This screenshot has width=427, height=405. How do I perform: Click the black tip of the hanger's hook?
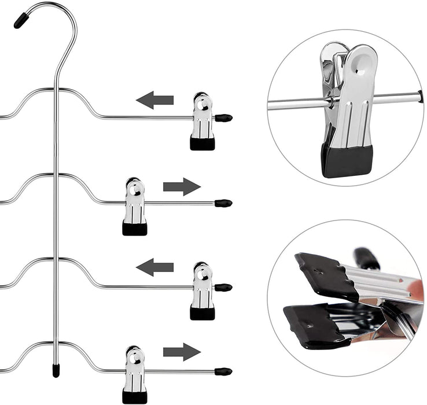[21, 21]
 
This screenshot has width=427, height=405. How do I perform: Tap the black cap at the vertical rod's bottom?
[56, 370]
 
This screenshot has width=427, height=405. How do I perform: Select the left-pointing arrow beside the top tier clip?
[155, 100]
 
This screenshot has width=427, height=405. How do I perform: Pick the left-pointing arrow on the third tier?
[155, 267]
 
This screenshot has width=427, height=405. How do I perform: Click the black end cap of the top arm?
[223, 118]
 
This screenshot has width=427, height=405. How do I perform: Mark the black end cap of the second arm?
[223, 203]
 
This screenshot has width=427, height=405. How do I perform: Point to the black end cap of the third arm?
[223, 287]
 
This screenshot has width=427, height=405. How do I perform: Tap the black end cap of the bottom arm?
[223, 371]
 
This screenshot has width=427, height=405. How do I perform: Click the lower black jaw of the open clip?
[315, 324]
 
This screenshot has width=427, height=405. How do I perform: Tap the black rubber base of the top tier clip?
[203, 143]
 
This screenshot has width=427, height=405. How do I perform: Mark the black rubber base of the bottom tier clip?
[134, 397]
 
